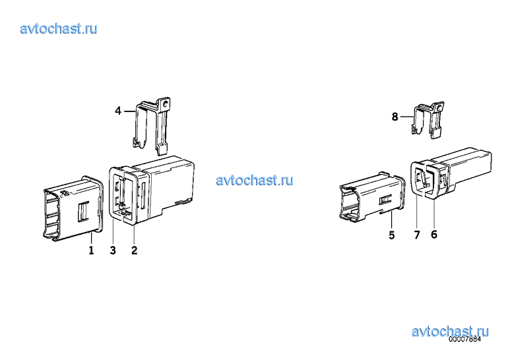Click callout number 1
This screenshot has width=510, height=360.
pyautogui.click(x=92, y=250)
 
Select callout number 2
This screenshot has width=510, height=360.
pyautogui.click(x=134, y=250)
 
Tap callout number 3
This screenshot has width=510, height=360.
pyautogui.click(x=113, y=250)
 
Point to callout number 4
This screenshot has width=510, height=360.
pyautogui.click(x=118, y=111)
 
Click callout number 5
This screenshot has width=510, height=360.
pyautogui.click(x=392, y=235)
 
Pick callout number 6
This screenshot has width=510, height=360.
pyautogui.click(x=434, y=234)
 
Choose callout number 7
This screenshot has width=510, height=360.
pyautogui.click(x=417, y=235)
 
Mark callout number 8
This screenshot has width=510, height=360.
pyautogui.click(x=395, y=117)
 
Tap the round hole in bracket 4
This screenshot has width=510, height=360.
pyautogui.click(x=166, y=104)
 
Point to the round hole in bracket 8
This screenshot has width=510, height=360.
pyautogui.click(x=439, y=107)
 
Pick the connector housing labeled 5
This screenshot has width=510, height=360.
pyautogui.click(x=372, y=198)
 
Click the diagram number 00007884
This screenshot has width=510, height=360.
pyautogui.click(x=464, y=339)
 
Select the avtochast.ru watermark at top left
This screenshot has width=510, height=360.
pyautogui.click(x=59, y=29)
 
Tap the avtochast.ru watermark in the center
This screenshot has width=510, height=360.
pyautogui.click(x=255, y=180)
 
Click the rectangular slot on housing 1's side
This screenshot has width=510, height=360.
pyautogui.click(x=82, y=212)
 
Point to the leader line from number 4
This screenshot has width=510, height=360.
pyautogui.click(x=129, y=111)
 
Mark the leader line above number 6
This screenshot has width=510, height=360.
pyautogui.click(x=434, y=214)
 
